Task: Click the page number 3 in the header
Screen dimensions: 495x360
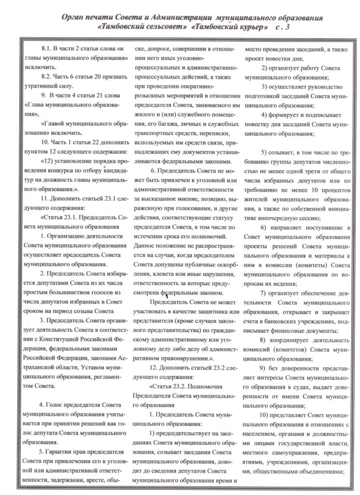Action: (288, 28)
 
